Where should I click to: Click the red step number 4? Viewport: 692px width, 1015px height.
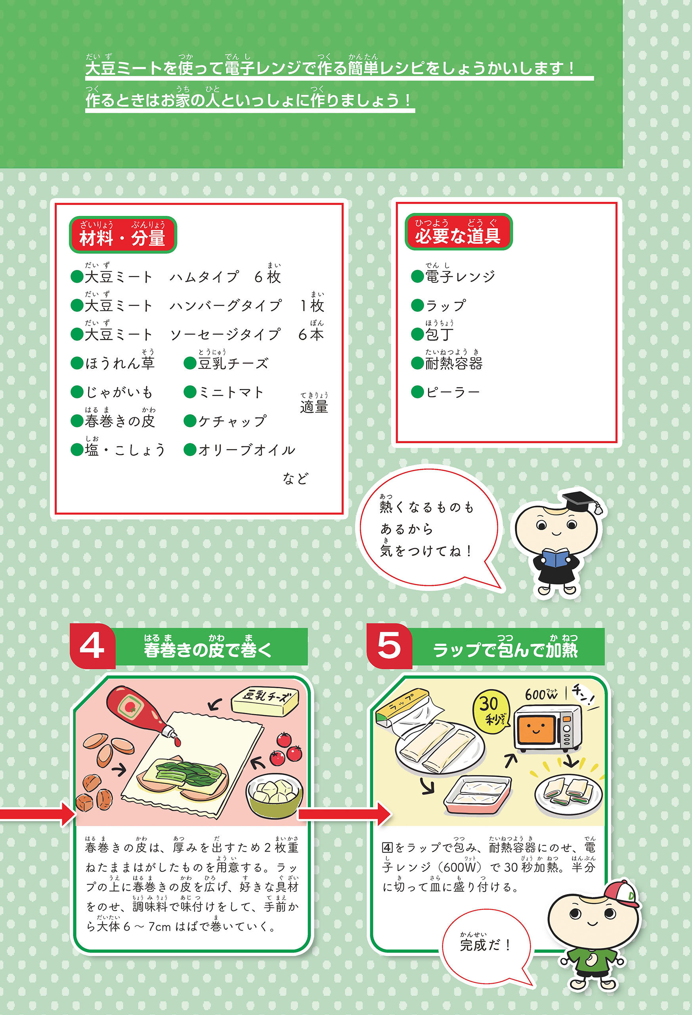pyautogui.click(x=92, y=646)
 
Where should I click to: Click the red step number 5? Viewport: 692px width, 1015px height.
pyautogui.click(x=389, y=646)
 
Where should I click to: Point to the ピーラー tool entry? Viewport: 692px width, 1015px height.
pyautogui.click(x=445, y=392)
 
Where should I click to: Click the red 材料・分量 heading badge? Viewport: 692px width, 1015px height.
pyautogui.click(x=123, y=235)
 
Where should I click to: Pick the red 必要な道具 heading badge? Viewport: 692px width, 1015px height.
pyautogui.click(x=459, y=232)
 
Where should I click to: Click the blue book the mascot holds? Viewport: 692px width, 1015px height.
pyautogui.click(x=555, y=558)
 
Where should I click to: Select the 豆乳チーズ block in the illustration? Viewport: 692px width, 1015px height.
pyautogui.click(x=265, y=701)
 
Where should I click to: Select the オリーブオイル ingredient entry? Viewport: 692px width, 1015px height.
pyautogui.click(x=240, y=450)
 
